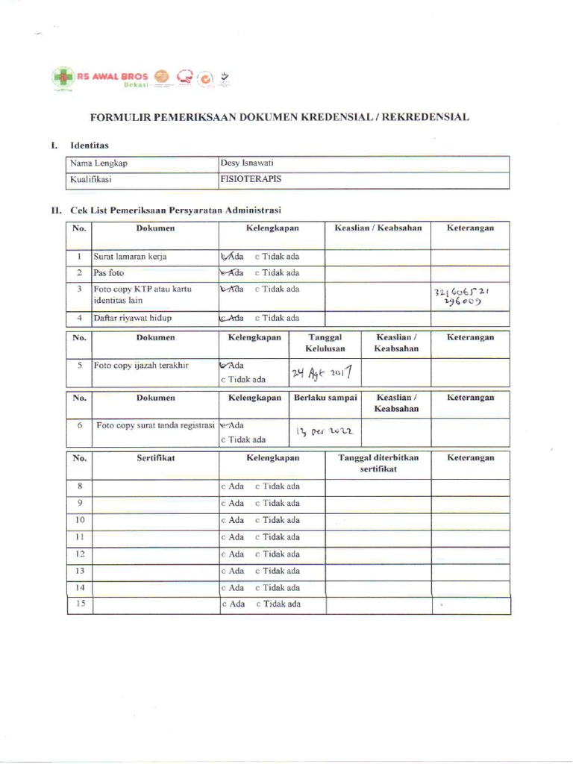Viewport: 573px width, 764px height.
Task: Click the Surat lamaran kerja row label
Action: click(129, 257)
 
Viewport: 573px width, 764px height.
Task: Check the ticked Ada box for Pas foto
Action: click(224, 273)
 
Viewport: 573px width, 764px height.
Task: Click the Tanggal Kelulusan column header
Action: click(322, 343)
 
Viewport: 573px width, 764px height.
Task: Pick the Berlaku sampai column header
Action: click(325, 398)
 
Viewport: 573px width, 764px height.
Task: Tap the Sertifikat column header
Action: click(155, 458)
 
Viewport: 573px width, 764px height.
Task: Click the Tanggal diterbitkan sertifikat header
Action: click(378, 463)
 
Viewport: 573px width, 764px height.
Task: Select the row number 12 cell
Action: click(80, 554)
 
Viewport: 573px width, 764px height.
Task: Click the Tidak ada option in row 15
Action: click(278, 604)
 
